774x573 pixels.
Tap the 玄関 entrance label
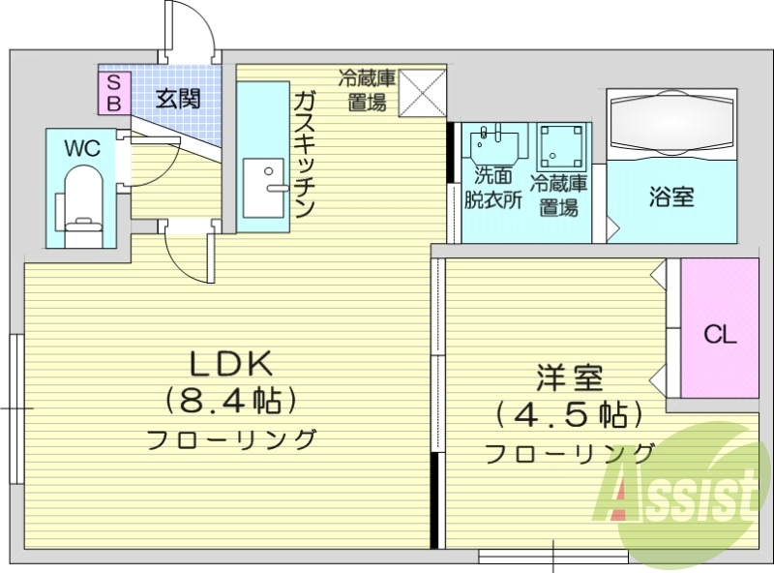tap(179, 97)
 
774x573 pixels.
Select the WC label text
tap(82, 148)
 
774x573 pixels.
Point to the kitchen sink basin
tap(262, 188)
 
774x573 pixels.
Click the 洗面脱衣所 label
tap(492, 188)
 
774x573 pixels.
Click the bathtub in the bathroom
tap(671, 124)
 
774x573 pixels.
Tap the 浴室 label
tap(670, 196)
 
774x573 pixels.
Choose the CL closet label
tap(720, 336)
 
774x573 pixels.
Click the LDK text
tap(231, 363)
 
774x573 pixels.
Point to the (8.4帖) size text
tap(231, 398)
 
